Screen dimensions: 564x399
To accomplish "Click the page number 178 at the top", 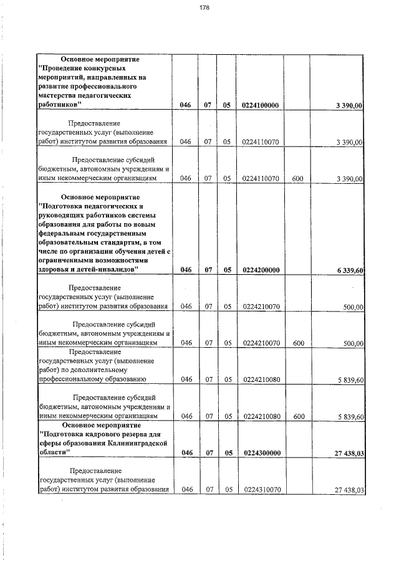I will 204,7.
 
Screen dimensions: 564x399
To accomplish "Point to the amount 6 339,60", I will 349,270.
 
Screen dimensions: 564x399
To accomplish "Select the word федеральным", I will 66,233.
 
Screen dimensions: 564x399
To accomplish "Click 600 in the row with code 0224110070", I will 297,178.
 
